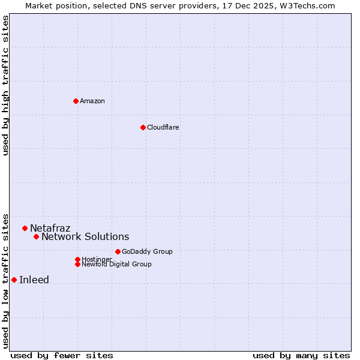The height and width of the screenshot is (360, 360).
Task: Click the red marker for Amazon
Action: click(x=76, y=101)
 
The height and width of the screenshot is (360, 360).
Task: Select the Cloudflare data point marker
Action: click(x=143, y=127)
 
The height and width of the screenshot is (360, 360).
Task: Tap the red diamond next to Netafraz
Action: click(x=25, y=228)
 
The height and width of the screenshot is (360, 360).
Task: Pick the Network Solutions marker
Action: click(x=36, y=236)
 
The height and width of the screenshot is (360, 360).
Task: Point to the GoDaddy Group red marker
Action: click(x=118, y=251)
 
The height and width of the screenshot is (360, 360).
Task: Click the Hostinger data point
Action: click(x=77, y=259)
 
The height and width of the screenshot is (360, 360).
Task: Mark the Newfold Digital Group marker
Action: click(x=77, y=264)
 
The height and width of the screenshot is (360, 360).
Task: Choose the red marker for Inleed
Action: click(x=14, y=280)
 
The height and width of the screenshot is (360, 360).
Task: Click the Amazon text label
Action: click(x=92, y=101)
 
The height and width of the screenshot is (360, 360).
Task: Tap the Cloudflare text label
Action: click(x=163, y=127)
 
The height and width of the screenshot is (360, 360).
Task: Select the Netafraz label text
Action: click(x=50, y=228)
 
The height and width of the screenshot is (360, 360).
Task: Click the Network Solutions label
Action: click(x=85, y=236)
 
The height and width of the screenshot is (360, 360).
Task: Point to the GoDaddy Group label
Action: click(x=147, y=251)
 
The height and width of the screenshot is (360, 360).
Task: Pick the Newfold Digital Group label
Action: click(x=116, y=264)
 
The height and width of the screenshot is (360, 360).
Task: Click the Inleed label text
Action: click(x=34, y=280)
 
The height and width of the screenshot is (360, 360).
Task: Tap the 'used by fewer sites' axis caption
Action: click(x=62, y=355)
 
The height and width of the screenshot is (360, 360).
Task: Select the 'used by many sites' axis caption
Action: click(x=301, y=355)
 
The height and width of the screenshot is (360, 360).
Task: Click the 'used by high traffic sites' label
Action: click(x=5, y=85)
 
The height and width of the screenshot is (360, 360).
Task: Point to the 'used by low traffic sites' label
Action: click(x=5, y=280)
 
